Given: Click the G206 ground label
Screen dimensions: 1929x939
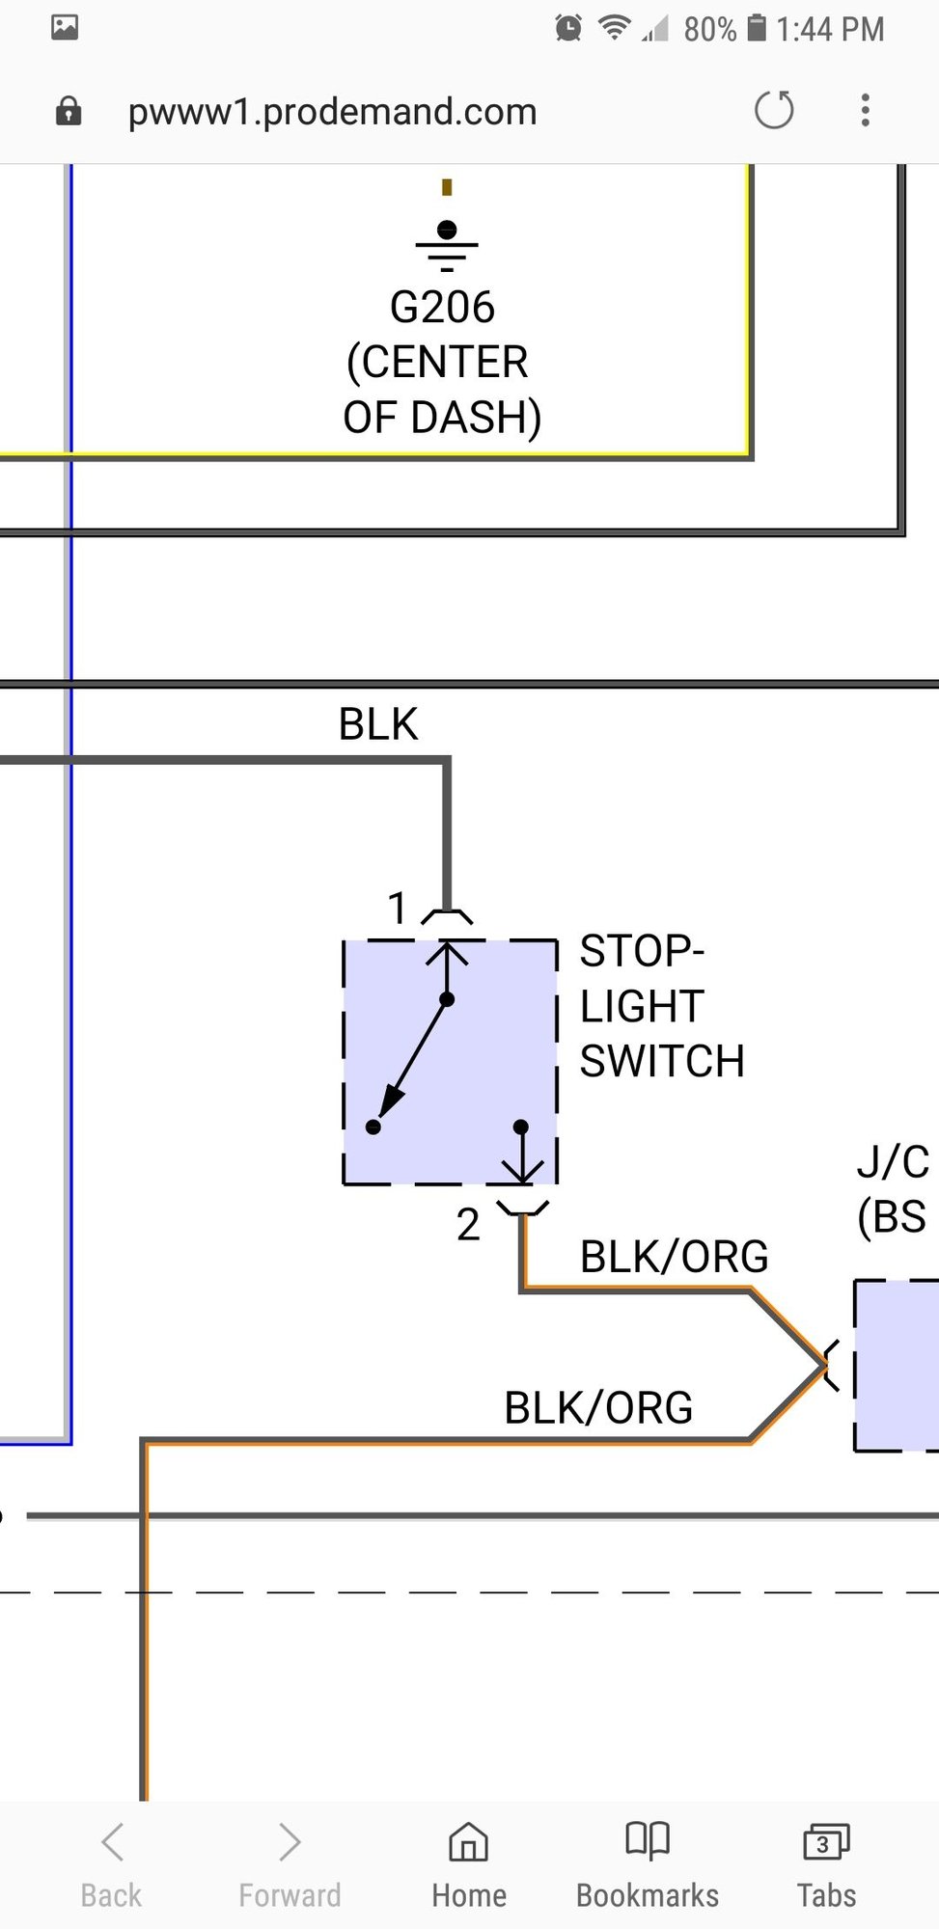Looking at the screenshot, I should tap(442, 308).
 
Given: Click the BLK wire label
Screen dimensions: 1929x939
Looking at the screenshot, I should tap(377, 724).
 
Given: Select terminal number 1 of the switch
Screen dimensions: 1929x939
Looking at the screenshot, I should tap(397, 909).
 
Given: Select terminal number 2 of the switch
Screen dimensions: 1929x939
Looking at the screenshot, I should tap(468, 1225).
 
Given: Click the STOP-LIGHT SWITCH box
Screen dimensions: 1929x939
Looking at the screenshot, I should tap(451, 1062).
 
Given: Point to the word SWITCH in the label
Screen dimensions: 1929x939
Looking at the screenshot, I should tap(662, 1062).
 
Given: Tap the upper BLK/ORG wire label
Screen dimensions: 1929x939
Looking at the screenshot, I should tap(674, 1257).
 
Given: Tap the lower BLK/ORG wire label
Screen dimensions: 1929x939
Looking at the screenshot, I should tap(598, 1408).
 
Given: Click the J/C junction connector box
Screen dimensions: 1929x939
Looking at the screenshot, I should tap(897, 1365).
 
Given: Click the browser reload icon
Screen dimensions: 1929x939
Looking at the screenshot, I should tap(774, 110).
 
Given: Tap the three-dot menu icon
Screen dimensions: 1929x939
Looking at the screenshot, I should tap(866, 110).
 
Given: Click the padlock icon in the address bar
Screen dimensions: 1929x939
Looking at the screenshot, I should tap(69, 111).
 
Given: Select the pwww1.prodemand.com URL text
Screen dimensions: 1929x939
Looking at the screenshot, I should tap(332, 112).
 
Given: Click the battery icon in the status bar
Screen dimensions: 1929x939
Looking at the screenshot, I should tap(758, 28).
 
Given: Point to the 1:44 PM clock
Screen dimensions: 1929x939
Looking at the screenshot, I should tap(830, 29).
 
